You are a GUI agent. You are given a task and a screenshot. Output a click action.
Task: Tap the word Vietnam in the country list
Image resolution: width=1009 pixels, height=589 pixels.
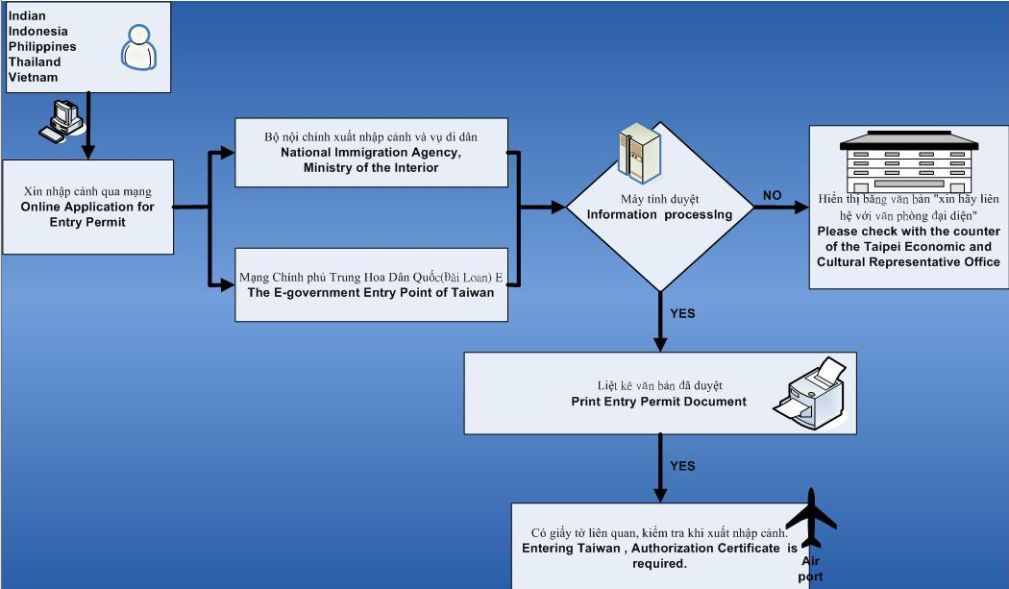(33, 77)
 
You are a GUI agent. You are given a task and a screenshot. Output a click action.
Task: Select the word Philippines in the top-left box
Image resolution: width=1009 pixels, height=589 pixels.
(41, 46)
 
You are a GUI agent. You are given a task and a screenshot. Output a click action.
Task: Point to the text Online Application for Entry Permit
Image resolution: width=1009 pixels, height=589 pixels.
(87, 214)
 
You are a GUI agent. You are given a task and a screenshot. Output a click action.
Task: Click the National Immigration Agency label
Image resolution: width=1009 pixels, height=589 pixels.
(371, 153)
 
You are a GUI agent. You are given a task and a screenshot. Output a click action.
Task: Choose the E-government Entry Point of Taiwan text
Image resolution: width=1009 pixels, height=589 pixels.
(371, 293)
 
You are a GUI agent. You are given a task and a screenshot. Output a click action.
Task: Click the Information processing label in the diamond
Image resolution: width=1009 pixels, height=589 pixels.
(659, 214)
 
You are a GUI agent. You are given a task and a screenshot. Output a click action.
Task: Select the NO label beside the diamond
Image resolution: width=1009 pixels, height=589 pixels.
(773, 195)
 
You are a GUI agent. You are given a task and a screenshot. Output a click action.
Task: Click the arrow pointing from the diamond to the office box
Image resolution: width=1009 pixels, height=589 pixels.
(780, 207)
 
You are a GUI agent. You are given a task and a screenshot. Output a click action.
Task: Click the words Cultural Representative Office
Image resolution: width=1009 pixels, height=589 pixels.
(909, 261)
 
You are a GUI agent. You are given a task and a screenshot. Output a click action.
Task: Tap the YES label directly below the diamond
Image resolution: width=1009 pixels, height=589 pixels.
(681, 313)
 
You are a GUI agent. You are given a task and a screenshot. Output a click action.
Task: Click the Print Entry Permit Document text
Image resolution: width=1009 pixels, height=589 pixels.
(658, 402)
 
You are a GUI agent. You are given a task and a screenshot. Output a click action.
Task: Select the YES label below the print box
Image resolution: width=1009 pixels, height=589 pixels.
(681, 466)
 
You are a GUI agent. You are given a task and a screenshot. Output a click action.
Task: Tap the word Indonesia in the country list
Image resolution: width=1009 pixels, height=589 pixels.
(37, 31)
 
